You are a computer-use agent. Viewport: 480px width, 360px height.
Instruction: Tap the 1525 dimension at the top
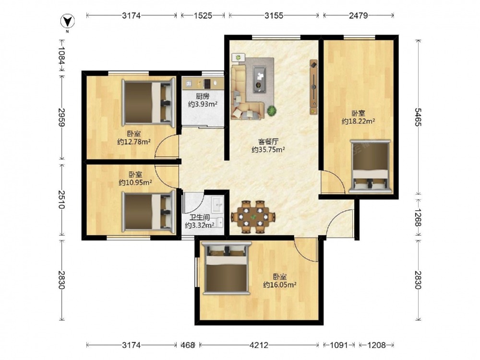point(203,15)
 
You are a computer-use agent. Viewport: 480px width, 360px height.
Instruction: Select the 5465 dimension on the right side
point(418,117)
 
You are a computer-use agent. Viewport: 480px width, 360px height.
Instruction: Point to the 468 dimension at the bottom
point(187,345)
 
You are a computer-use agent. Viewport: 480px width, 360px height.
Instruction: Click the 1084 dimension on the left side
point(61,56)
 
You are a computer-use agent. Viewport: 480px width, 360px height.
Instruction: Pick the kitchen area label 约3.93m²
point(203,104)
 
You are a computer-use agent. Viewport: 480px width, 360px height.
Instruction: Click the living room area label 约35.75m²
point(268,150)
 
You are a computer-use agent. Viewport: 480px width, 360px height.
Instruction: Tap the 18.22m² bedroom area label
point(359,121)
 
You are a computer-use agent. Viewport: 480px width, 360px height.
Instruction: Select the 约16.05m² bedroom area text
point(279,285)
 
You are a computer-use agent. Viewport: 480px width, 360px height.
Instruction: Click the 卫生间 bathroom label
point(199,217)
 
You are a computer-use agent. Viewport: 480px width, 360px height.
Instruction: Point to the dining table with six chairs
point(253,217)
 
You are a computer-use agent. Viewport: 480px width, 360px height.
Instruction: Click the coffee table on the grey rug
point(259,79)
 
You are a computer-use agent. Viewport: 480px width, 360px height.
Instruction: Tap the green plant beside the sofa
point(271,110)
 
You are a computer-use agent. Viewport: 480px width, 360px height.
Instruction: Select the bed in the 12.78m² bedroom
point(148,103)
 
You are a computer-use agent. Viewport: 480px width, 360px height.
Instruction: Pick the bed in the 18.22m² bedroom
point(370,167)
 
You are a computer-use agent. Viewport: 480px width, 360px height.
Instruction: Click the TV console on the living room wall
point(313,87)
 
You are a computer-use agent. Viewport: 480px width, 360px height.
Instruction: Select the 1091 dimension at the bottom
point(339,345)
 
